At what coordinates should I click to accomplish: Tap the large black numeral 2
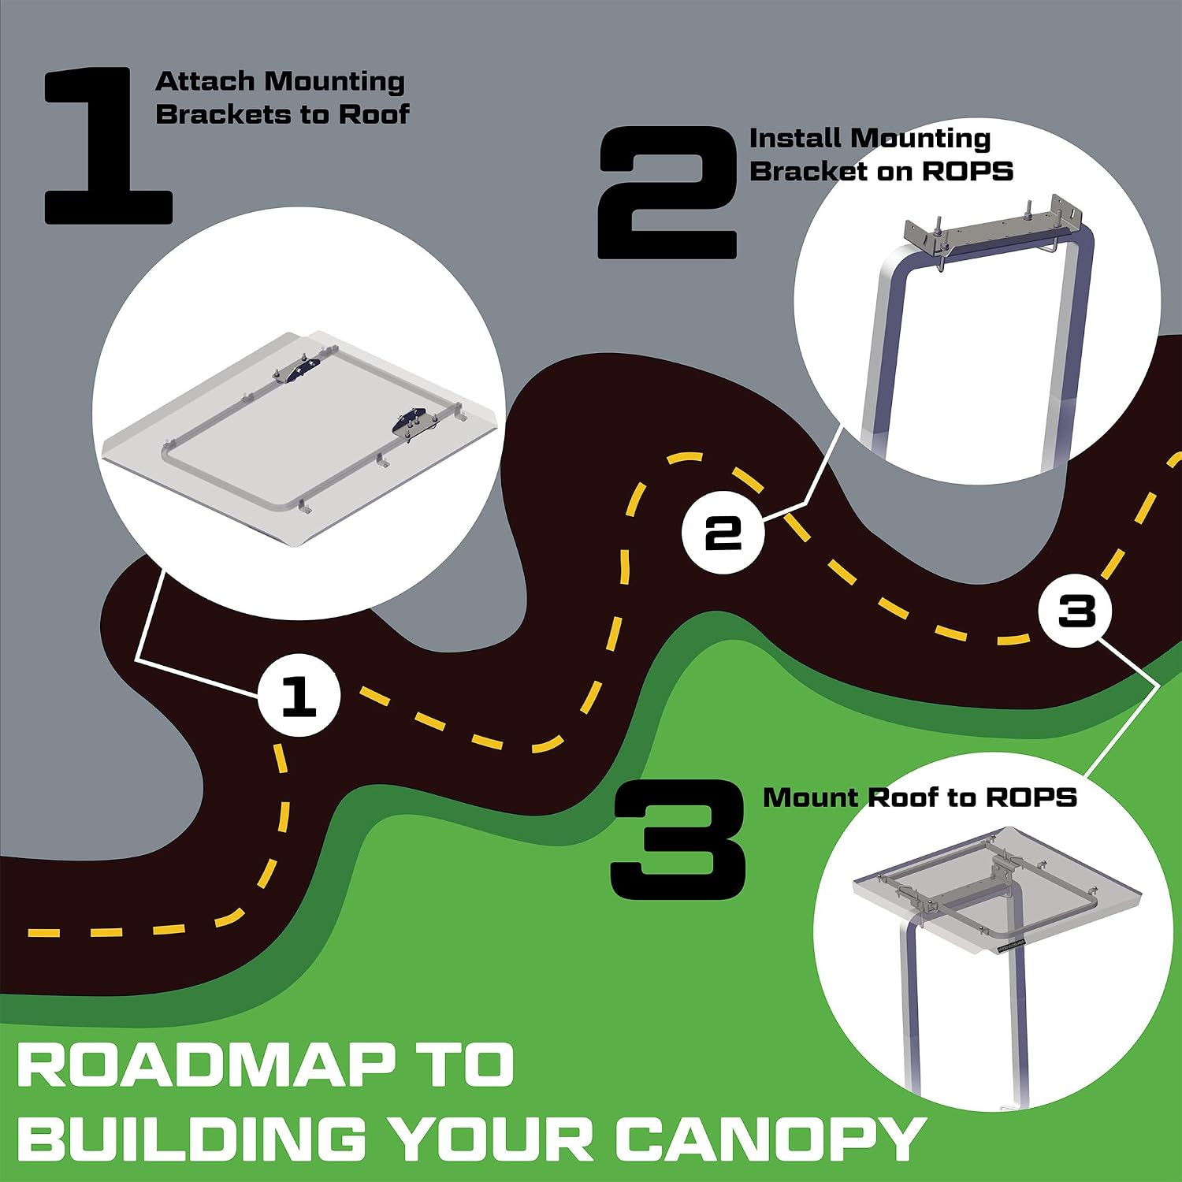click(667, 193)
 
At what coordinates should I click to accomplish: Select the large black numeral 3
click(679, 840)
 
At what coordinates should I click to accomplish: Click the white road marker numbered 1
click(299, 695)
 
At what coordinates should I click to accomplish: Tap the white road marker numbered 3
click(1076, 609)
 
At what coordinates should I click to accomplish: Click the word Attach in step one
click(205, 81)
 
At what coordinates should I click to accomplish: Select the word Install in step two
click(794, 138)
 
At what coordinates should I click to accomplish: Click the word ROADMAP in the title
click(206, 1065)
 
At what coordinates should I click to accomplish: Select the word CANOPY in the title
click(771, 1139)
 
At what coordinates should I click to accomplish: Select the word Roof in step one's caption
click(374, 114)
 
